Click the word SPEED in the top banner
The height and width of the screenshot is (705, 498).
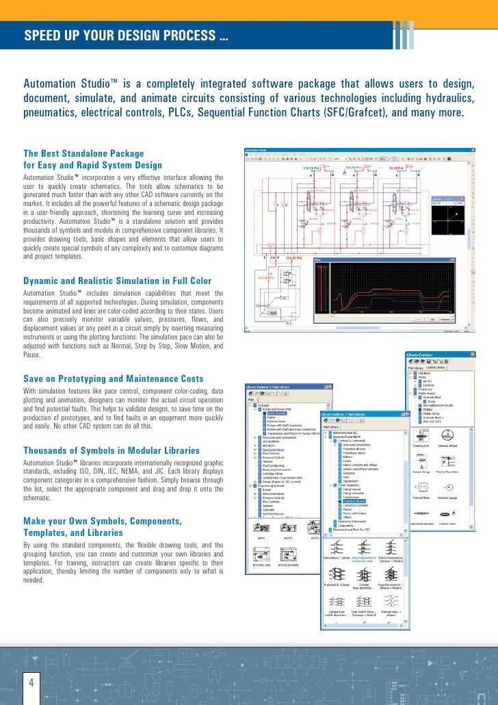point(42,36)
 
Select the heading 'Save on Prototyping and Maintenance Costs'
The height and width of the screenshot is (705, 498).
point(113,379)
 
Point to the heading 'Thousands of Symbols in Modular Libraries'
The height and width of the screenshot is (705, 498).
point(112,450)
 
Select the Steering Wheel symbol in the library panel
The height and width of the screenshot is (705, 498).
point(448,435)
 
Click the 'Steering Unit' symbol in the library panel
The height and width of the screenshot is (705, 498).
point(421,435)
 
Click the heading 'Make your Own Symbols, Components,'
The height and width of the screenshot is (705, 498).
point(103,522)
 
